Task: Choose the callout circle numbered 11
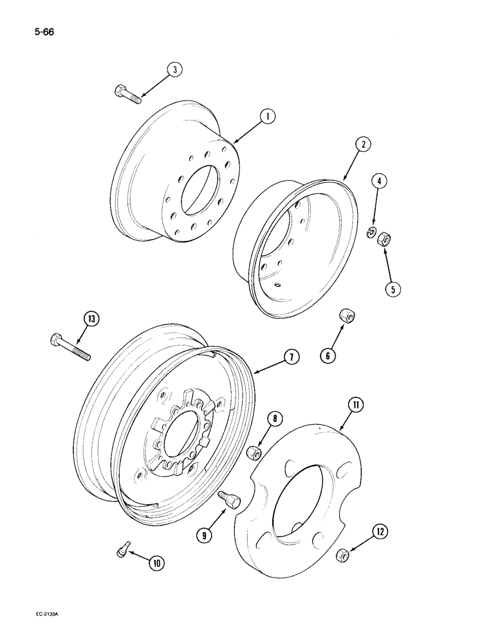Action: coord(356,405)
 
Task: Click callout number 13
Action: coord(91,318)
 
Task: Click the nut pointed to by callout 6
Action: coord(348,317)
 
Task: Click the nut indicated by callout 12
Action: coord(344,553)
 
